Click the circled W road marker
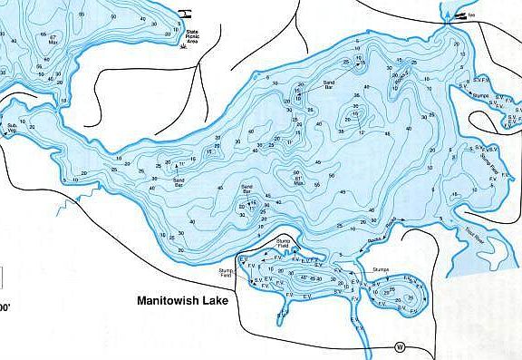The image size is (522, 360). click(399, 345)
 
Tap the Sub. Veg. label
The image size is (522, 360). click(13, 128)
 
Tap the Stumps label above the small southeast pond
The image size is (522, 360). click(381, 269)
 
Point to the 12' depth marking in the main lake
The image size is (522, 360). click(361, 133)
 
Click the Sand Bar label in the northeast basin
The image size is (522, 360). click(331, 83)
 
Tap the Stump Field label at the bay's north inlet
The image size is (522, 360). click(284, 244)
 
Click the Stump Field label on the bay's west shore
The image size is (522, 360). click(227, 272)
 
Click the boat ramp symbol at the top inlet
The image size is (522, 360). click(463, 16)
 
